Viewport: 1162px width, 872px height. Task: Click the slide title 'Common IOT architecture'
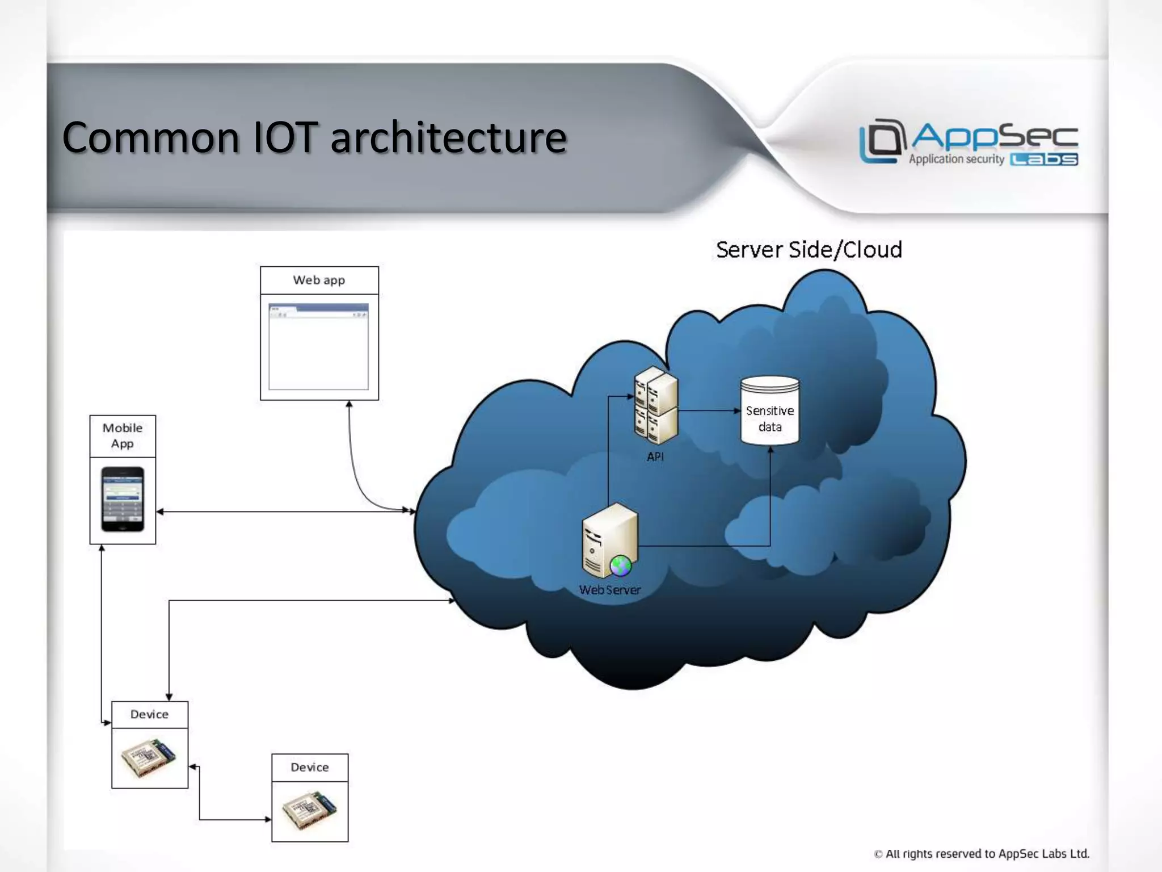click(x=314, y=137)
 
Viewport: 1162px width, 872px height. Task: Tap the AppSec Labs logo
click(x=968, y=142)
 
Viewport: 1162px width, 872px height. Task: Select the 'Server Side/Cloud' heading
click(x=809, y=250)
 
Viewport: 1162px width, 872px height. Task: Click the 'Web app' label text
click(x=319, y=280)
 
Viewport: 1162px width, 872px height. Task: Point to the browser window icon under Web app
click(x=318, y=346)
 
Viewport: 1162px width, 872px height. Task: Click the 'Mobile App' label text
click(x=123, y=435)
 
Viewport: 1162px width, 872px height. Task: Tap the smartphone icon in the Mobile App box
click(x=123, y=499)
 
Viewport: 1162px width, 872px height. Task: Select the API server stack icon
click(x=656, y=405)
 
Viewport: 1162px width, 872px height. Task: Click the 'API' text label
click(x=655, y=456)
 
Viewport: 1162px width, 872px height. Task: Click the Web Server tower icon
click(x=609, y=539)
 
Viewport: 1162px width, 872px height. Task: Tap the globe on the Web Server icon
click(x=620, y=565)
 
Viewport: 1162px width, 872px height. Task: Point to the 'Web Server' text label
click(x=610, y=590)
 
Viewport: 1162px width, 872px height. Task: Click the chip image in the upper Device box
click(x=149, y=758)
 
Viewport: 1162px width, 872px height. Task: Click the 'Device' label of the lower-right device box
click(x=310, y=768)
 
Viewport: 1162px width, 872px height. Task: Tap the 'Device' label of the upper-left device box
click(x=149, y=714)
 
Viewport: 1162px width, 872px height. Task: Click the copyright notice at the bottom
click(x=982, y=854)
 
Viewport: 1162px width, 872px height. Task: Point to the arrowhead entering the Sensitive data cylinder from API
click(x=737, y=410)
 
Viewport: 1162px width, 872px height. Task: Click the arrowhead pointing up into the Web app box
click(x=349, y=404)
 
